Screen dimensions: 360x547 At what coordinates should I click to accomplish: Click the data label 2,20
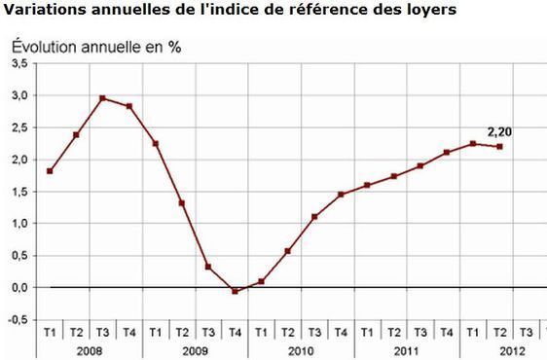pyautogui.click(x=500, y=131)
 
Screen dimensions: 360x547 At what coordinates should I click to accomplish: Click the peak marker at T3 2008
pyautogui.click(x=102, y=98)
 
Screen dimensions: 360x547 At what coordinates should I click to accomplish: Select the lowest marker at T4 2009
pyautogui.click(x=235, y=291)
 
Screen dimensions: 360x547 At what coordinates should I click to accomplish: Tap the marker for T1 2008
pyautogui.click(x=50, y=171)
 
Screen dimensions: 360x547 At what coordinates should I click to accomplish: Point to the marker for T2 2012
pyautogui.click(x=499, y=147)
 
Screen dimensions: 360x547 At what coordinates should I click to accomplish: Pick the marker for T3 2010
pyautogui.click(x=314, y=217)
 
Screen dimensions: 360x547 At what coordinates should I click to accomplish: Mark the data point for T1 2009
pyautogui.click(x=156, y=143)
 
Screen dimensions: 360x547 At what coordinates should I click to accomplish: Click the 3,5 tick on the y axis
pyautogui.click(x=19, y=63)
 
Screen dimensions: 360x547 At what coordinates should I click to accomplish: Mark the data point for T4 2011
pyautogui.click(x=447, y=153)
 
